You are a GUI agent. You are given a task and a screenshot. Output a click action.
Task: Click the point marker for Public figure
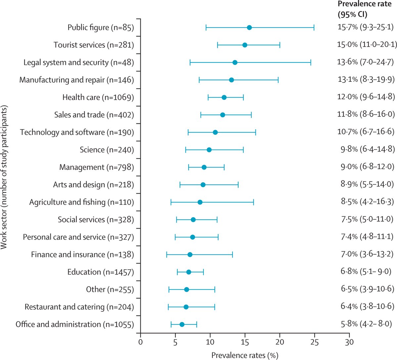click(249, 27)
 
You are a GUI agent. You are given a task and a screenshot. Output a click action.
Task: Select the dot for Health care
click(224, 97)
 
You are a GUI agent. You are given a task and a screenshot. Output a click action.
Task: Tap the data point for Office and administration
click(182, 325)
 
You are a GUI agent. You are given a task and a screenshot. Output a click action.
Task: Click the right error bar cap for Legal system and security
click(311, 62)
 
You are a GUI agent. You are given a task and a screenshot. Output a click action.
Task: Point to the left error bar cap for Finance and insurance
click(167, 254)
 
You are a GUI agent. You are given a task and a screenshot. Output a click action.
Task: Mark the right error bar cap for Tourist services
click(280, 45)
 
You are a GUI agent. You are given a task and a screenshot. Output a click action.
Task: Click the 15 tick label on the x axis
click(245, 341)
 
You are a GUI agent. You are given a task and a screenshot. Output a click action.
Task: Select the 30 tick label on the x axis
click(349, 341)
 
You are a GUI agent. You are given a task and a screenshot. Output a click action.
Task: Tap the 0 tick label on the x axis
click(141, 341)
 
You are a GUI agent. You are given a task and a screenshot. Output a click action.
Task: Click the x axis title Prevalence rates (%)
click(245, 355)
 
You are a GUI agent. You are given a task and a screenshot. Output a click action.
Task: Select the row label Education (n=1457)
click(101, 272)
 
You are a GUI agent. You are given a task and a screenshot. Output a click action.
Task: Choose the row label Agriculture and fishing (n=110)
click(81, 202)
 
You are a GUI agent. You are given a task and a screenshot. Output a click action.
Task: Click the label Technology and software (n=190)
click(77, 132)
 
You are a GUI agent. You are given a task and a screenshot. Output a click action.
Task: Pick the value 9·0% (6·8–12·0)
click(367, 167)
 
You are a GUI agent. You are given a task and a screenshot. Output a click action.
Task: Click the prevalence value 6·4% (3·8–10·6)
click(367, 307)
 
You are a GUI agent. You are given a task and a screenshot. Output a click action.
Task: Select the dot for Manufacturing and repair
click(232, 80)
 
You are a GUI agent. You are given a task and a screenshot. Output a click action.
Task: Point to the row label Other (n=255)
click(110, 290)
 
